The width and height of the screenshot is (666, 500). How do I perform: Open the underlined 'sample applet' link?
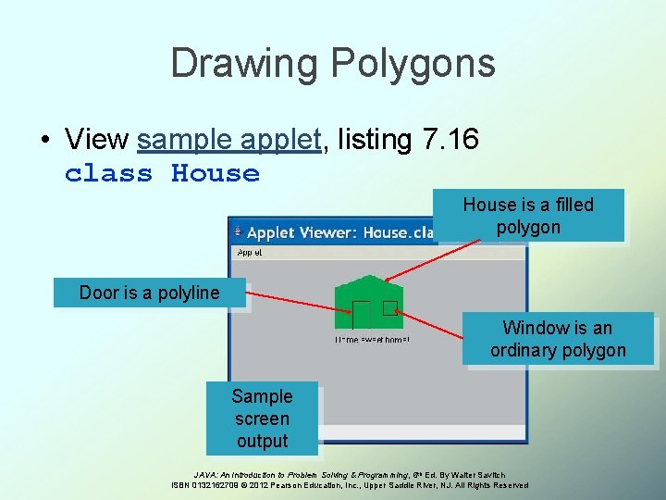click(228, 140)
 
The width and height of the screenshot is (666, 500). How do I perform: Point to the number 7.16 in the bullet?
click(450, 140)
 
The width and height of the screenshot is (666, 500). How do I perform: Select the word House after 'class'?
click(216, 173)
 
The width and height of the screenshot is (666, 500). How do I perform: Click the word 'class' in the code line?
click(108, 173)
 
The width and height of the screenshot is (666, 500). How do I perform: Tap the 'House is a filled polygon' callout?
click(528, 216)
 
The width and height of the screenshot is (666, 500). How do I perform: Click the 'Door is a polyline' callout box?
click(150, 293)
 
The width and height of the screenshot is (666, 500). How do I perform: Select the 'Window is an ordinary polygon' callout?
click(558, 339)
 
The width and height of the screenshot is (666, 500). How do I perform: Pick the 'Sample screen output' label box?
click(262, 419)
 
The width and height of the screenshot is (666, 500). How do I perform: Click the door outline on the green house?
click(361, 314)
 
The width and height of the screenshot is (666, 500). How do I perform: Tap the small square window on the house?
click(389, 308)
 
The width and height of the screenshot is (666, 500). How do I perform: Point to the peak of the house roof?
click(369, 276)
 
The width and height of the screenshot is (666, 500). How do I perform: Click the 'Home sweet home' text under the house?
click(372, 340)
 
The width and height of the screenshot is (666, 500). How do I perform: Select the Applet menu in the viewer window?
click(250, 252)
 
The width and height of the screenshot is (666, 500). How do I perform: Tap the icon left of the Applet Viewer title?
click(238, 231)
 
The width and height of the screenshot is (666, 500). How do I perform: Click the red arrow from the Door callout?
click(296, 304)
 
